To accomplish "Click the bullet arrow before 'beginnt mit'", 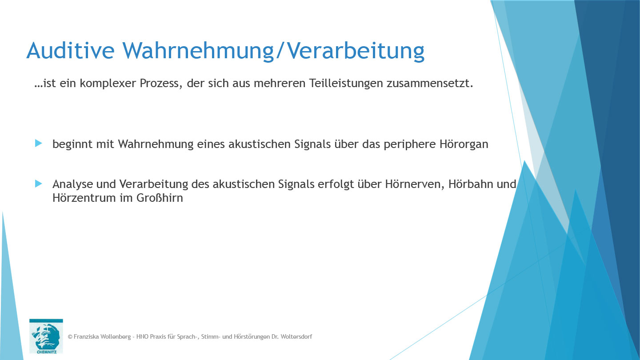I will (39, 144).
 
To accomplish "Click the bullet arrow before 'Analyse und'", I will (39, 184).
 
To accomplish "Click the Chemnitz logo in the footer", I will (46, 336).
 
